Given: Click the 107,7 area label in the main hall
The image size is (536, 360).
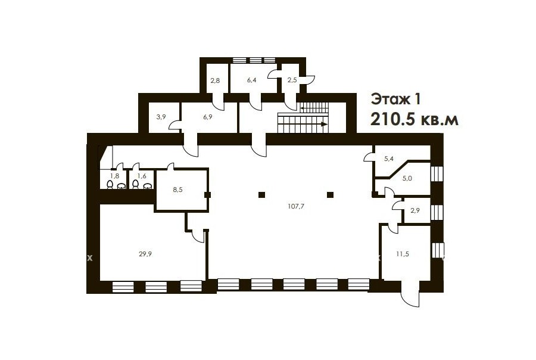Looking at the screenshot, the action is [296, 206].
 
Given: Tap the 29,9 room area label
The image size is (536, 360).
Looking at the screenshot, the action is [145, 254].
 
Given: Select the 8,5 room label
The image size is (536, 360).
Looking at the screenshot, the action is [177, 190].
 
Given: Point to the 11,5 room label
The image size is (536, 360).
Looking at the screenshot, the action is [403, 254].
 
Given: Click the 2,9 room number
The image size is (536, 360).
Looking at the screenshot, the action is [415, 210].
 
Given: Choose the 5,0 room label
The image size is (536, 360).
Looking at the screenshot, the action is [407, 178].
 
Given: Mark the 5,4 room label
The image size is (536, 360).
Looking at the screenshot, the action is [389, 159].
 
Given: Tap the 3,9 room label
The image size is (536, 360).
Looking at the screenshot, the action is [161, 117].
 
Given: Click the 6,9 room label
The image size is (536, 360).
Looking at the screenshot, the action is [208, 117].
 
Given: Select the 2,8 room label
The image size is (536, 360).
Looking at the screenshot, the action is [215, 80].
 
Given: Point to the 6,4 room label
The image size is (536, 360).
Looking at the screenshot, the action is [251, 80].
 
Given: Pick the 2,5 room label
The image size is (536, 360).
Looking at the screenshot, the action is [292, 80].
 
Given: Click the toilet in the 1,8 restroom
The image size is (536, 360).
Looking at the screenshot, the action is [110, 185].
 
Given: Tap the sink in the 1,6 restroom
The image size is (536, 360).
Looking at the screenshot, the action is [147, 186].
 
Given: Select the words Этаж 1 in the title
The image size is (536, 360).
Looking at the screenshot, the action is [395, 100].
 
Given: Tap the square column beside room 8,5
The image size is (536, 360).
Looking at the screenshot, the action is [207, 195].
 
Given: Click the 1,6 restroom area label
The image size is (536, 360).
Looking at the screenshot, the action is [142, 176].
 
